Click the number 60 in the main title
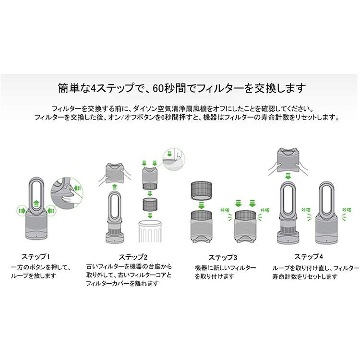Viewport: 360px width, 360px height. pos(159,88)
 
